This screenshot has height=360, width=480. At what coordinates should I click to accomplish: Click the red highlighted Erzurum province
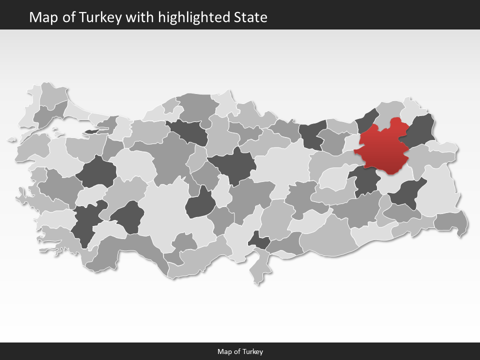[385, 147]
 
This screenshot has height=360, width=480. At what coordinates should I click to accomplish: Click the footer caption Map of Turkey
[240, 351]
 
